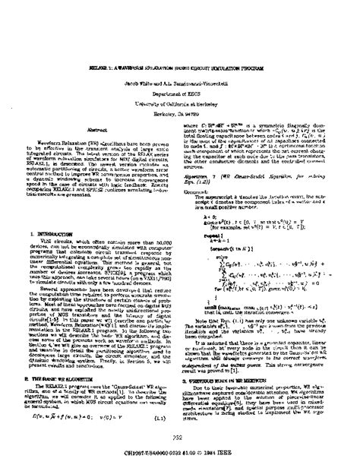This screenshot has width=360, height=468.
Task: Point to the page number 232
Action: coord(180,442)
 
